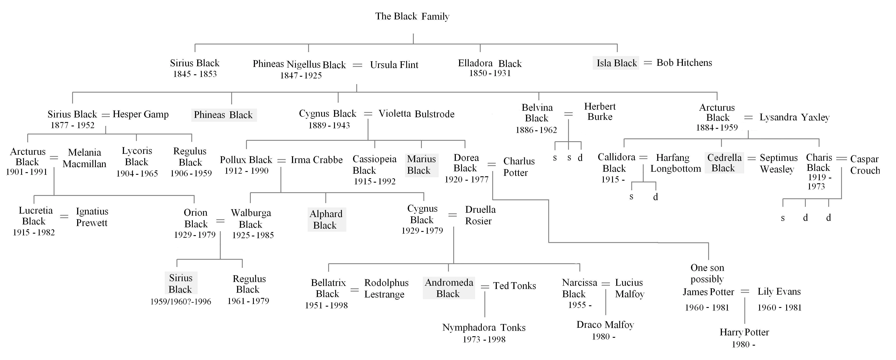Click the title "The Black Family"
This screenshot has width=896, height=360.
[x=412, y=16]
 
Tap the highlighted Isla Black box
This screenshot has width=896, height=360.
[x=616, y=63]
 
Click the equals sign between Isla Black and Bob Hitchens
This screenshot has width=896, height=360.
[x=647, y=63]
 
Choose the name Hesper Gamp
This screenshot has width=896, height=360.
[x=141, y=114]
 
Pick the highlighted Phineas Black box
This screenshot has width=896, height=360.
[x=224, y=115]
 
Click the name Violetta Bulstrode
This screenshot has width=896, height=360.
[x=416, y=114]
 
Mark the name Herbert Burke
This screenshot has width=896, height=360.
[x=600, y=111]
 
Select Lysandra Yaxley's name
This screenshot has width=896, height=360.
[x=794, y=117]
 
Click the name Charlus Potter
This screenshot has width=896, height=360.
[x=519, y=167]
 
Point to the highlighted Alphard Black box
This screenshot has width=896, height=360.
[x=326, y=219]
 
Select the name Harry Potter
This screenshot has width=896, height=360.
[x=744, y=332]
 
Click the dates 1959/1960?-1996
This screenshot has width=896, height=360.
[x=180, y=302]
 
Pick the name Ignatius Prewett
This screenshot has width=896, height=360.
[x=92, y=217]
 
